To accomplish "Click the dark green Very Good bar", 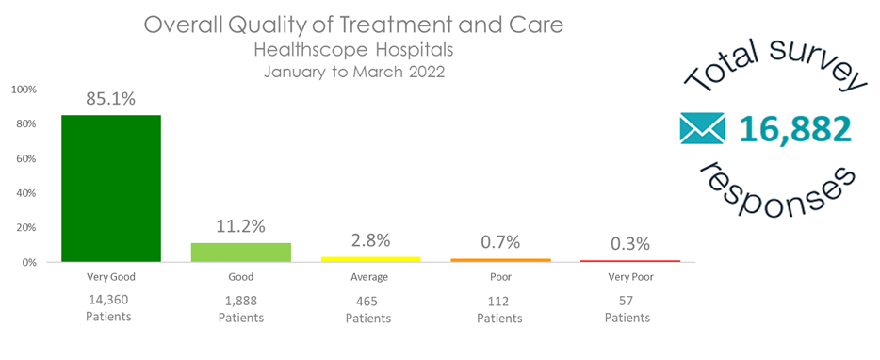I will click(x=111, y=188).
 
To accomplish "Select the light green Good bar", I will click(x=241, y=252).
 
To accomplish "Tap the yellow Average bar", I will click(x=370, y=258).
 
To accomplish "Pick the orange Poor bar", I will click(x=499, y=260).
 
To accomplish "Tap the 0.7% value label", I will click(x=499, y=243).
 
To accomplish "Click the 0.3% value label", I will click(x=628, y=244).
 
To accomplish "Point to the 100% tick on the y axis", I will click(x=24, y=90).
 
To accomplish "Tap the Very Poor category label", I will click(x=628, y=277).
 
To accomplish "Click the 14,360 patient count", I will click(x=107, y=300).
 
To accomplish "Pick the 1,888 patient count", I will click(x=241, y=301).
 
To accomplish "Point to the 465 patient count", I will click(x=368, y=301).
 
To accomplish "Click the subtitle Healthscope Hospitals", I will click(x=353, y=49).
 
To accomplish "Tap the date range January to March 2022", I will click(x=353, y=70).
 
